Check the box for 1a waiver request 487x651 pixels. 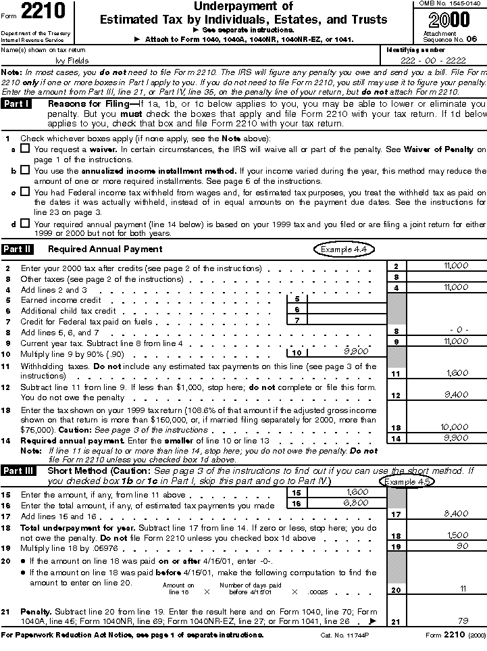25,149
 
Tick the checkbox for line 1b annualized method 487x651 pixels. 25,172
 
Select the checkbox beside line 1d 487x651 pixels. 25,224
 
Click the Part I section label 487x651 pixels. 17,104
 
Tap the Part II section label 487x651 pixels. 18,249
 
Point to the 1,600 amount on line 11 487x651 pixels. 457,372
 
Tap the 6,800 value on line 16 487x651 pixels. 356,503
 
